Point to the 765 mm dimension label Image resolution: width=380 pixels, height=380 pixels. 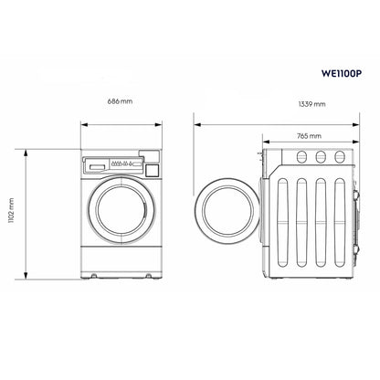[309, 135]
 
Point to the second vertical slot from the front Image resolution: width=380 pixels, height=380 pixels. [301, 219]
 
